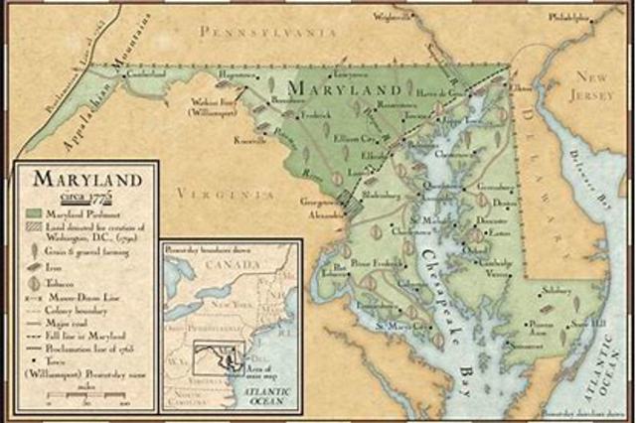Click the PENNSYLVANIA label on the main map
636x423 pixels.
click(x=263, y=33)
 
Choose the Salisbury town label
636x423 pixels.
click(x=556, y=291)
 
